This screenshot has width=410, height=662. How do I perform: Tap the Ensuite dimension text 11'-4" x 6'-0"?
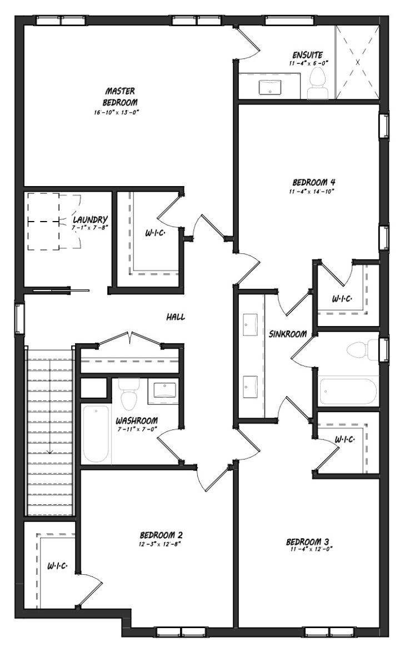pyautogui.click(x=309, y=63)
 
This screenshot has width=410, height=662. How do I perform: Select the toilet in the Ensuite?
pyautogui.click(x=318, y=84)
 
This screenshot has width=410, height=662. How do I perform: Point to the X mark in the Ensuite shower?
pyautogui.click(x=358, y=62)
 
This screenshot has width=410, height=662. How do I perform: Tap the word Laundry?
pyautogui.click(x=90, y=219)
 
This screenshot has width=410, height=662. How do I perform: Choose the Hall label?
pyautogui.click(x=175, y=317)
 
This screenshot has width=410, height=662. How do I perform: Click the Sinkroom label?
pyautogui.click(x=288, y=334)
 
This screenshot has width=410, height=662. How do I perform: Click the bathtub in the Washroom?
pyautogui.click(x=96, y=434)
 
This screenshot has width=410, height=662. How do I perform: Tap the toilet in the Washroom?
pyautogui.click(x=129, y=394)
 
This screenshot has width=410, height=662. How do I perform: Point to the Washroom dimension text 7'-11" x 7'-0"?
pyautogui.click(x=136, y=429)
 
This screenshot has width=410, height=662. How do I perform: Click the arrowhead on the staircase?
pyautogui.click(x=50, y=452)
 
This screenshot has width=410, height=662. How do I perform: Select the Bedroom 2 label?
pyautogui.click(x=161, y=535)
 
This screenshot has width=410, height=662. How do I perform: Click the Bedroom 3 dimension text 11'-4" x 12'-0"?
pyautogui.click(x=312, y=549)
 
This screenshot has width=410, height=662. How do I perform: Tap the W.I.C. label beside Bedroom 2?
pyautogui.click(x=58, y=566)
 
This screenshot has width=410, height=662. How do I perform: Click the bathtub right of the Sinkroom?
pyautogui.click(x=348, y=392)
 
